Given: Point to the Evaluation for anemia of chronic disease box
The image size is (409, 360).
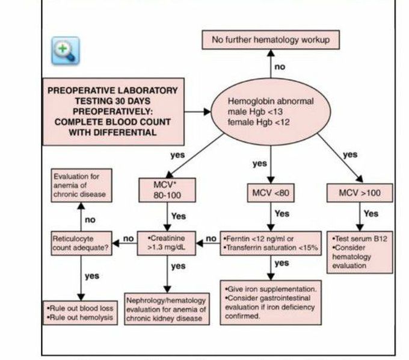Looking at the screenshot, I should (79, 185).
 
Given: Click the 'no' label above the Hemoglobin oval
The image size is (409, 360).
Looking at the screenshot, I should (280, 67).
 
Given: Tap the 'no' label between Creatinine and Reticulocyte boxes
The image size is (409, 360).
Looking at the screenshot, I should (128, 239).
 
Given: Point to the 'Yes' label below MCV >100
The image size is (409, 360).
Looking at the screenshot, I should (371, 213).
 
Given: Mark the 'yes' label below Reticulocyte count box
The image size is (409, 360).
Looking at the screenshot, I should (91, 276).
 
